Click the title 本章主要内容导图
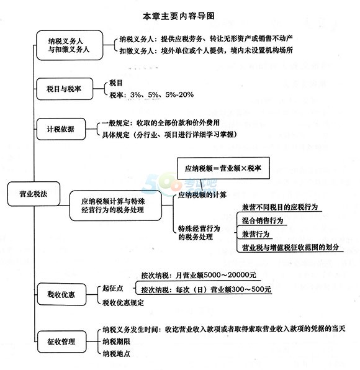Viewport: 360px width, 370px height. tap(179, 16)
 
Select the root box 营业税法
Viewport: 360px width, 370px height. tap(34, 194)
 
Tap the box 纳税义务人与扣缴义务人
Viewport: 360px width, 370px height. tap(70, 45)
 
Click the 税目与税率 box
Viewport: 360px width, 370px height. tap(65, 89)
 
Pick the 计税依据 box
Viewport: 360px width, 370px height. tap(61, 129)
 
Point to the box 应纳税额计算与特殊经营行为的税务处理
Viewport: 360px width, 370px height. tap(115, 205)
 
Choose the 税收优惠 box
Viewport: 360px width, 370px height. tap(61, 294)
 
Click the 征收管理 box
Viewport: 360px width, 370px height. tap(61, 341)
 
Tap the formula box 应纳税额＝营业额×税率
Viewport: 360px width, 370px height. tap(223, 168)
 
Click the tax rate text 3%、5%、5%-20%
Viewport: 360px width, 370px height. tap(162, 95)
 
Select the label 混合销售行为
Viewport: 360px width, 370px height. tap(263, 220)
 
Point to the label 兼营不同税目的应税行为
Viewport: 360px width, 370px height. tap(280, 207)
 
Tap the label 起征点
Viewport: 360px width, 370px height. tap(112, 288)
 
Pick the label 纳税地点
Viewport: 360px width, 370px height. tap(116, 353)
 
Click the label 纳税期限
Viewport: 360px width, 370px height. tap(116, 341)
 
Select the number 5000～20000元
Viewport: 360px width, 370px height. tap(230, 275)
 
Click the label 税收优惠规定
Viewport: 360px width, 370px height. tap(123, 302)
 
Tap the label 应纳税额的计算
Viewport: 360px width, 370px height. tap(202, 195)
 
